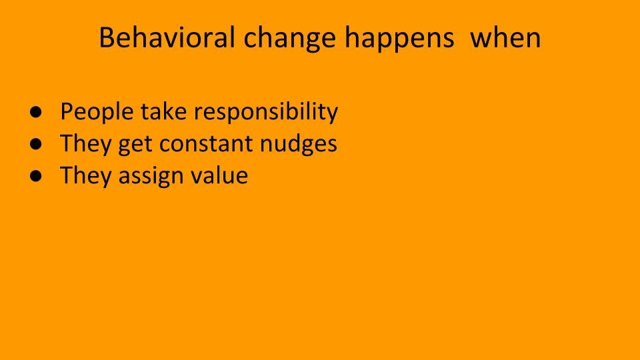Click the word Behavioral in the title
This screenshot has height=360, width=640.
pyautogui.click(x=167, y=37)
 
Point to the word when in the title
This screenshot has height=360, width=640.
pyautogui.click(x=505, y=37)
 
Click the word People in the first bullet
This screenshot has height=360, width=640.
pyautogui.click(x=97, y=113)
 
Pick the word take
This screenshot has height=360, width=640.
pyautogui.click(x=164, y=111)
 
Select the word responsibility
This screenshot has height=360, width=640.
pyautogui.click(x=266, y=113)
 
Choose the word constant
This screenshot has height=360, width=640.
pyautogui.click(x=206, y=144)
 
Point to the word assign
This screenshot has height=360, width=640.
pyautogui.click(x=151, y=176)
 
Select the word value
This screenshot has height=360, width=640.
pyautogui.click(x=219, y=175)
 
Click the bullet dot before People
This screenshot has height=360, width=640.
pyautogui.click(x=36, y=112)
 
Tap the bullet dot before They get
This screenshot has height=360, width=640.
pyautogui.click(x=36, y=144)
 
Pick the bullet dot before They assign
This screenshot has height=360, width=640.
pyautogui.click(x=36, y=175)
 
